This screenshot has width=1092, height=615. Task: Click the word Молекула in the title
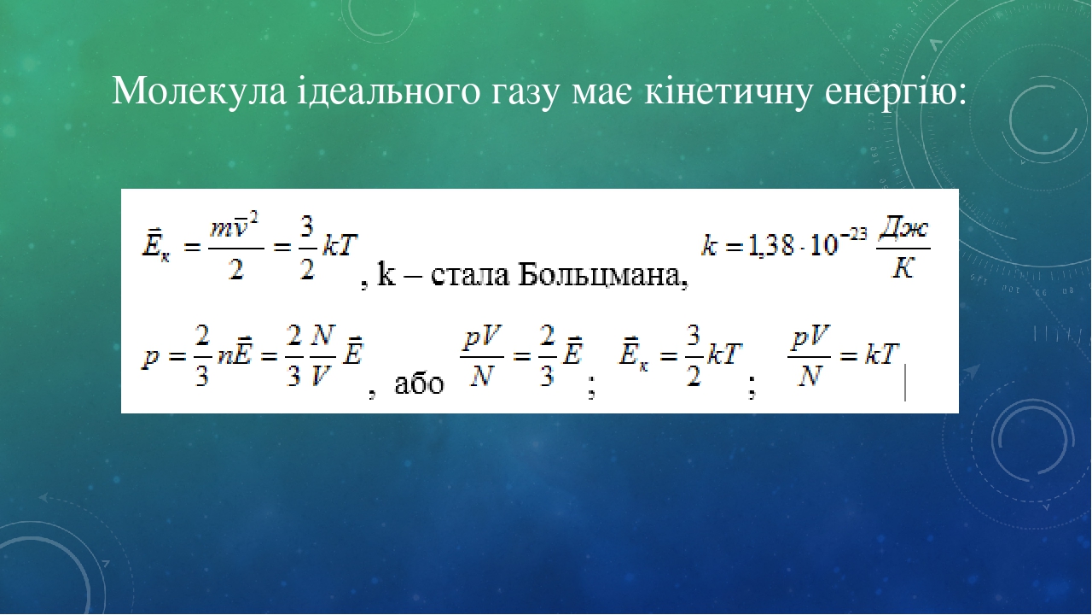199,91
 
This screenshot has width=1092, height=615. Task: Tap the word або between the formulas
419,384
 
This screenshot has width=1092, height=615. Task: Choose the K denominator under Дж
903,267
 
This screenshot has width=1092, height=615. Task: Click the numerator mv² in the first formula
234,227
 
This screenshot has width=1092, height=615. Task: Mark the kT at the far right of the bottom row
881,354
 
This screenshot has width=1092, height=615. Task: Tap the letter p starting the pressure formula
149,359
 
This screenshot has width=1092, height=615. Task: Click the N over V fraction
322,356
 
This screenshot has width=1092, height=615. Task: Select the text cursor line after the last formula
905,383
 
